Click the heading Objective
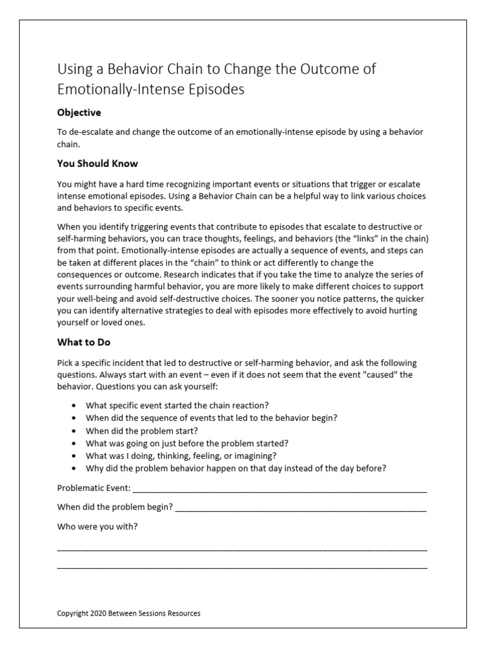79,113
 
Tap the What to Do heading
84,342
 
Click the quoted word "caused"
378,373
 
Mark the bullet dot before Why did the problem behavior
75,469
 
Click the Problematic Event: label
94,488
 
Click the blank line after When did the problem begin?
301,509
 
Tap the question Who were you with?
97,526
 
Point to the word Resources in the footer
184,613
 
